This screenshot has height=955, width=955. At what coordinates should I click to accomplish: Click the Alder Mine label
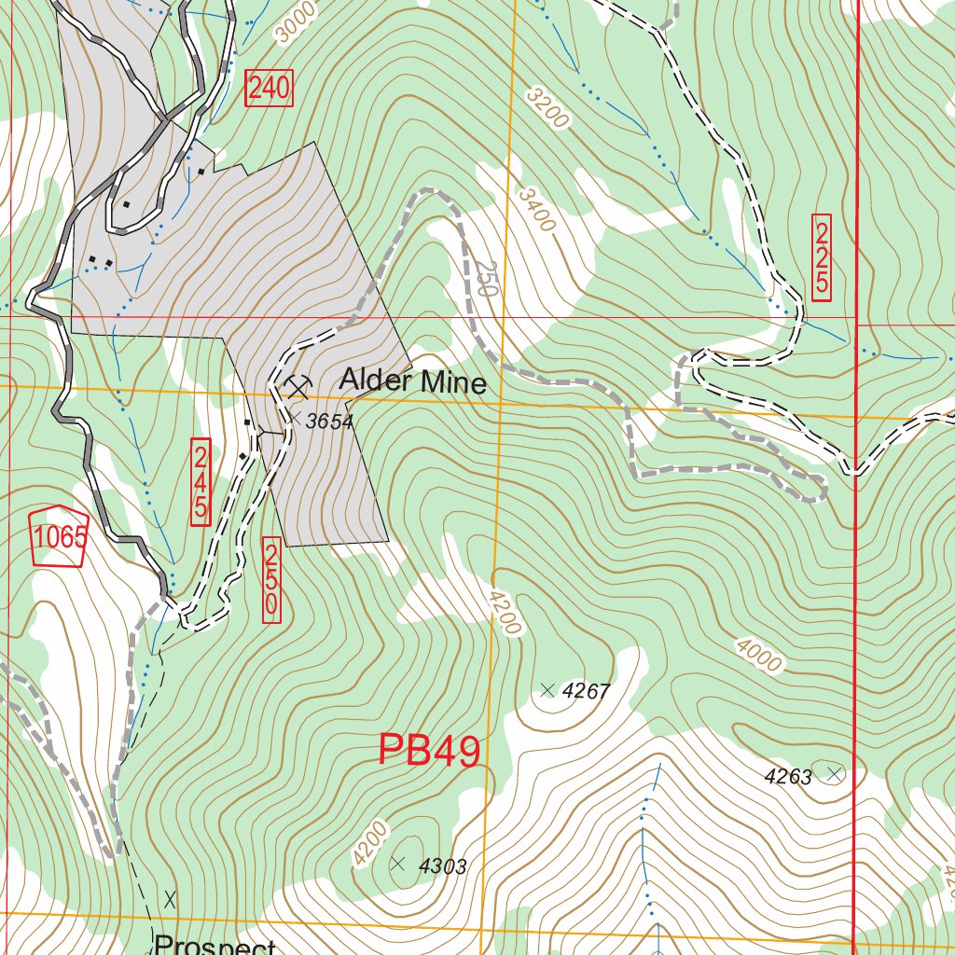pyautogui.click(x=412, y=381)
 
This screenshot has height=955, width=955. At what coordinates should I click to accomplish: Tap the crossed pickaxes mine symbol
pyautogui.click(x=298, y=385)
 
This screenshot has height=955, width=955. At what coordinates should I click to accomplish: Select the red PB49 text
pyautogui.click(x=429, y=751)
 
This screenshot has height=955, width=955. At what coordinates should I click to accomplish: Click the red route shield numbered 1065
pyautogui.click(x=60, y=537)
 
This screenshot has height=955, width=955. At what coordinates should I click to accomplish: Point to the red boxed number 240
pyautogui.click(x=269, y=90)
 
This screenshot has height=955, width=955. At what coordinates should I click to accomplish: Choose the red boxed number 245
pyautogui.click(x=201, y=482)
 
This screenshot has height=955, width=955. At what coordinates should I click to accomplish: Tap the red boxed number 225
pyautogui.click(x=822, y=258)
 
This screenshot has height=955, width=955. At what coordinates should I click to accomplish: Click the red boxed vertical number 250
pyautogui.click(x=271, y=579)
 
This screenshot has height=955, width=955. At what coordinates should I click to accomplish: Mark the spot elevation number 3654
pyautogui.click(x=330, y=422)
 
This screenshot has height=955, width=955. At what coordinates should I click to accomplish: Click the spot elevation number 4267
pyautogui.click(x=587, y=691)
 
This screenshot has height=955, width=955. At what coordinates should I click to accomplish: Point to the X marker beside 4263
pyautogui.click(x=835, y=773)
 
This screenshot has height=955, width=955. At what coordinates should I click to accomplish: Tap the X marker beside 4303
pyautogui.click(x=398, y=864)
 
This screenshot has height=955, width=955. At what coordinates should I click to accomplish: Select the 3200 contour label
pyautogui.click(x=547, y=107)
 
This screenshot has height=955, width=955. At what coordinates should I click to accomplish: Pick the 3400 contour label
pyautogui.click(x=537, y=210)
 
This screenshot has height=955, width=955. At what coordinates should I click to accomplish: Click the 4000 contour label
pyautogui.click(x=757, y=654)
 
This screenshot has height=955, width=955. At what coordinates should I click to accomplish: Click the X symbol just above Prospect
pyautogui.click(x=170, y=900)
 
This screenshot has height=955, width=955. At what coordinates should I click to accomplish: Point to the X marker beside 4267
pyautogui.click(x=547, y=690)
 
